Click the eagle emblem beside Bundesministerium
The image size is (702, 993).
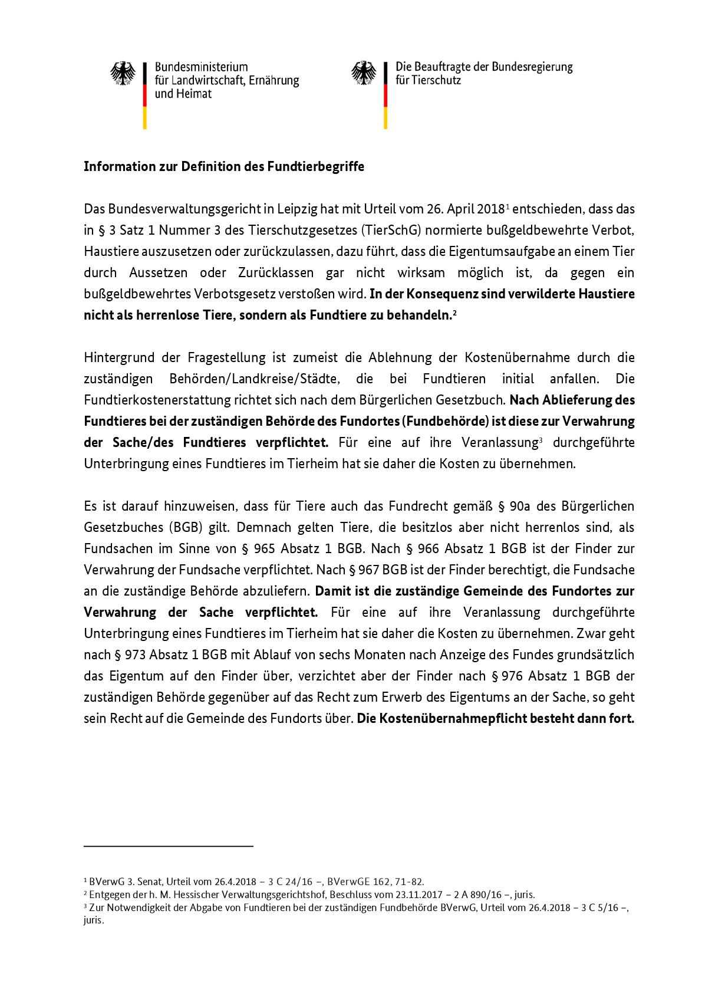coord(123,74)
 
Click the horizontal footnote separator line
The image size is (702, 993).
coord(168,847)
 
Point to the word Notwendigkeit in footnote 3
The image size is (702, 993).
coord(130,907)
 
